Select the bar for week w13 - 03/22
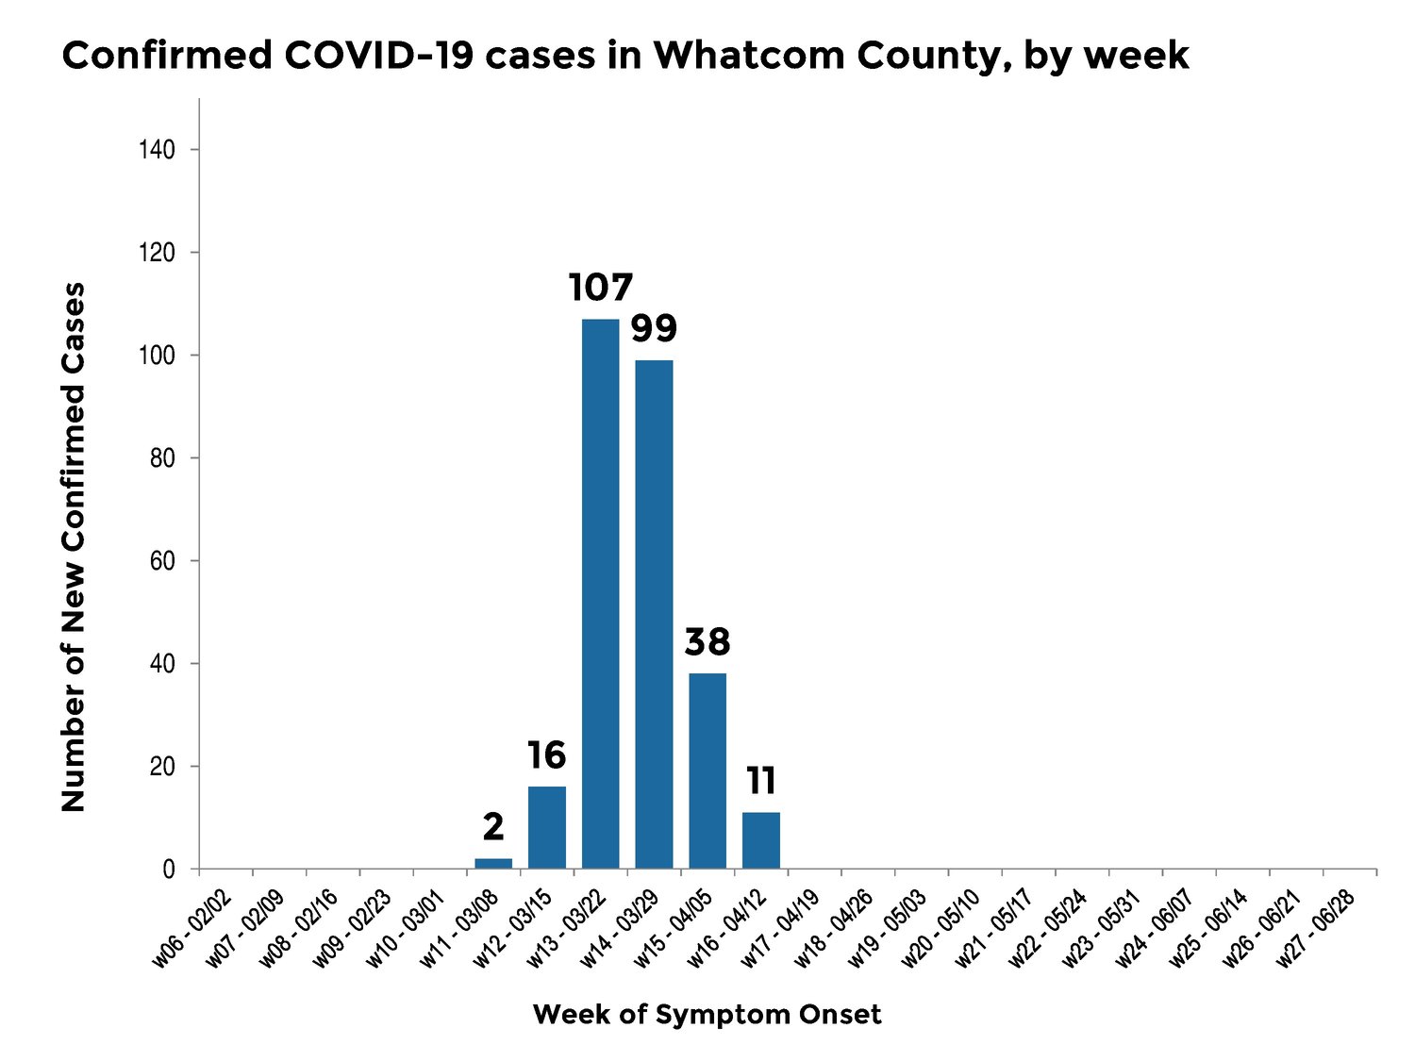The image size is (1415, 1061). point(601,594)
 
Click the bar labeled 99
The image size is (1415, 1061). point(654,613)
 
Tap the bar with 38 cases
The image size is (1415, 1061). point(707,771)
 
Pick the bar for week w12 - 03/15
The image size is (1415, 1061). point(547,827)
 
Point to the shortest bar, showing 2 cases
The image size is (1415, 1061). point(493,863)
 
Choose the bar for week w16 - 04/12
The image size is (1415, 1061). point(761,840)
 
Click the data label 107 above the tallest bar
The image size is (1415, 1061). point(601,288)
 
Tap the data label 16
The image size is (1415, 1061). point(546,755)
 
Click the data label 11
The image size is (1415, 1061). point(761,781)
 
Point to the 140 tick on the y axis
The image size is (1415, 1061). point(158,150)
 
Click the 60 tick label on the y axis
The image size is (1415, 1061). point(161,561)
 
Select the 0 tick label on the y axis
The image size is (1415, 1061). point(169,870)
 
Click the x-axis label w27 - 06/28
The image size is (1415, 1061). point(1318,928)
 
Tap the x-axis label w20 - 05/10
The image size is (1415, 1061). point(942,928)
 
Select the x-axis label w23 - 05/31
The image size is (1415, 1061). point(1103,928)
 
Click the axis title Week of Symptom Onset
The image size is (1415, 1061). point(707,1015)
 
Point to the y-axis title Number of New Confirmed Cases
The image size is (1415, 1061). point(74,547)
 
